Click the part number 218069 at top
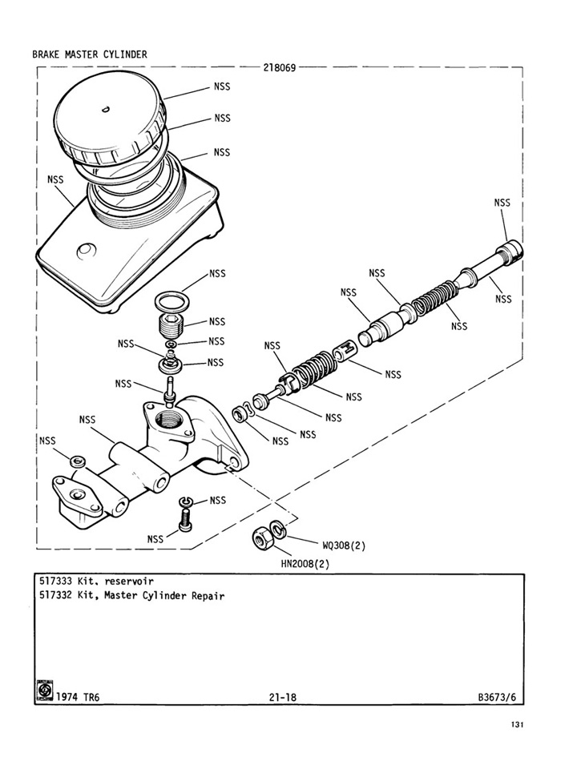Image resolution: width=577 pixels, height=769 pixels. coord(280,67)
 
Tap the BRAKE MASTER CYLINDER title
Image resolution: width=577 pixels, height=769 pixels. coord(89,54)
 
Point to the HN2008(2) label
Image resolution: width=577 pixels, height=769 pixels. coord(305,563)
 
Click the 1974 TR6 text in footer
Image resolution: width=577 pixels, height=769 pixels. coord(78,698)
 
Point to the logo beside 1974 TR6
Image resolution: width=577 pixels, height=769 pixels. coord(45,690)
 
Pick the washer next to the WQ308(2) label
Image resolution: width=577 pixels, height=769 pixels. coord(277,529)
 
